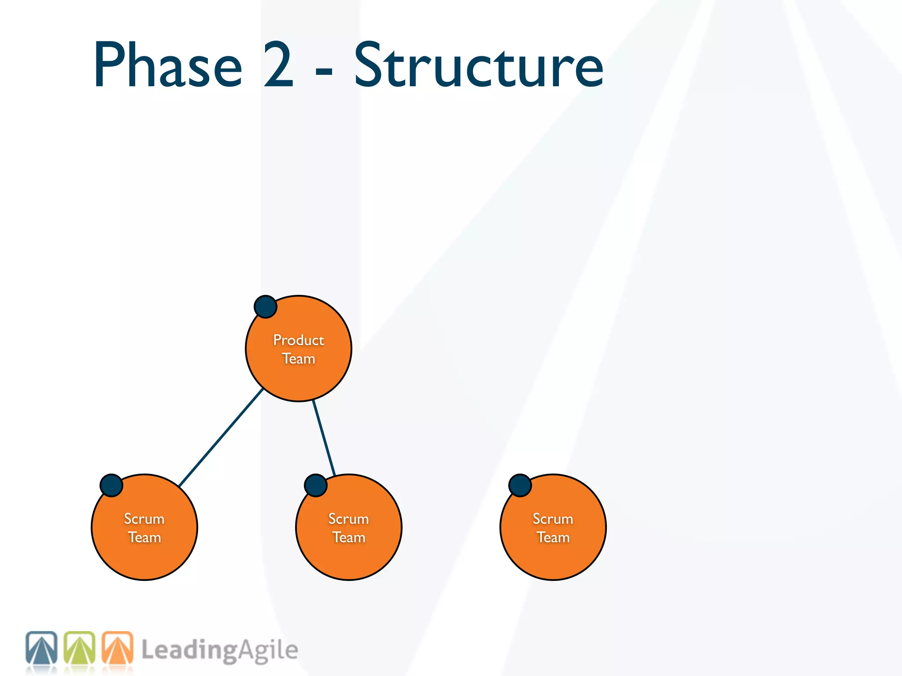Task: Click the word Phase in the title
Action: click(x=168, y=65)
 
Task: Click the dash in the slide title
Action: click(x=324, y=70)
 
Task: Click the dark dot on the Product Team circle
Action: click(x=266, y=307)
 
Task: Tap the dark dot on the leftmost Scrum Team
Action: click(x=111, y=485)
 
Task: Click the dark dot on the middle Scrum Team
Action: click(x=316, y=485)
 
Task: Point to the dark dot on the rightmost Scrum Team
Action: click(x=520, y=485)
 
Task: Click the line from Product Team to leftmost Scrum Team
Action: click(x=220, y=437)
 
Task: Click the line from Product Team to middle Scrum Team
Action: click(x=324, y=438)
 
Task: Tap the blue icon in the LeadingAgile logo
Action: click(x=41, y=648)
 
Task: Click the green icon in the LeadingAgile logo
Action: click(x=79, y=648)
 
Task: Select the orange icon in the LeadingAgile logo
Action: click(x=117, y=648)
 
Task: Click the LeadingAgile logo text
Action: click(x=219, y=650)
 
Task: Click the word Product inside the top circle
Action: click(x=298, y=340)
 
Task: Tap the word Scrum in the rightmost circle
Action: click(x=553, y=518)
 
